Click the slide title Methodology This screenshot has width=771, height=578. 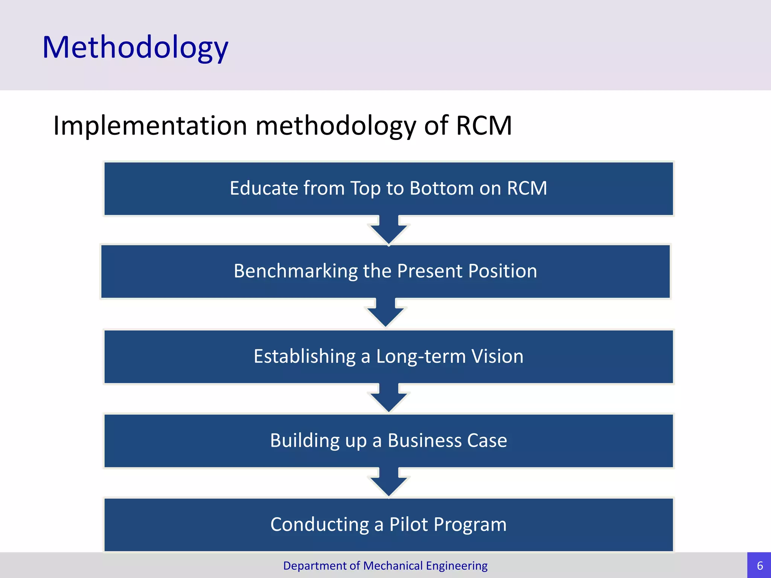(135, 47)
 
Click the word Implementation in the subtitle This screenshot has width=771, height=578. (150, 125)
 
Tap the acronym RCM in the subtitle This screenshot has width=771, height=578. (484, 125)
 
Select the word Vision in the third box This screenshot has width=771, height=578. (497, 356)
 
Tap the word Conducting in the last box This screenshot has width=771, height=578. (319, 525)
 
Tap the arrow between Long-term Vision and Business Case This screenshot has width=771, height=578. (389, 398)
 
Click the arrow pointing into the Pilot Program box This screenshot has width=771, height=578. (389, 482)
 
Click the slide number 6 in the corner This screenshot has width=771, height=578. (760, 566)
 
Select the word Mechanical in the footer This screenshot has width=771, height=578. (393, 566)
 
